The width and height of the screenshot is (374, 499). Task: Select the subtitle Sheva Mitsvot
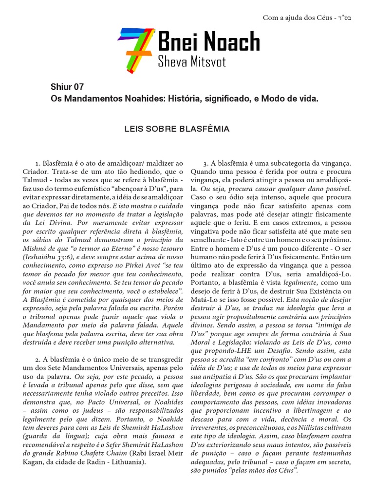(191, 62)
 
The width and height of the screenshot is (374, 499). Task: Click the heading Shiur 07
(67, 87)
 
